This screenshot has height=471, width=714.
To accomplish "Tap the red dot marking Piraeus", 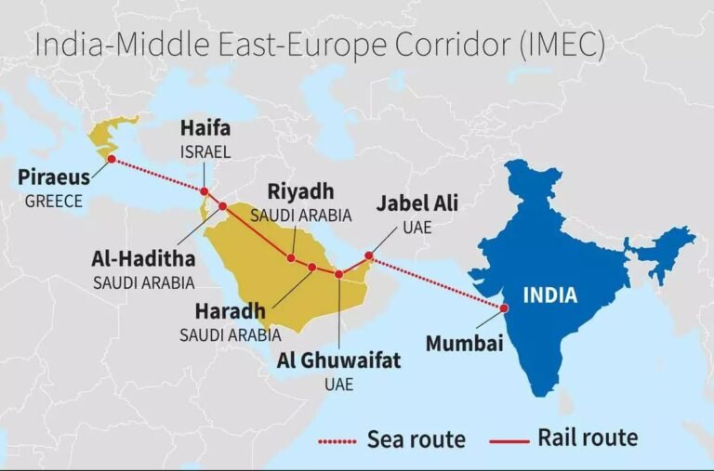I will point(112,160).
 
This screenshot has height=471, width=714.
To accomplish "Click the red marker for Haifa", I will point(205,192).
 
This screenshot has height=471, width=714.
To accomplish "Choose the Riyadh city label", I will point(299,192).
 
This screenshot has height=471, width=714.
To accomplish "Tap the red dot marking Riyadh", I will point(291,258).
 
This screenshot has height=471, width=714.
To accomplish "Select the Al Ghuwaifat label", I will point(338,360).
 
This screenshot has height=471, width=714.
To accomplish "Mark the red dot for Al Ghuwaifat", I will point(339,275).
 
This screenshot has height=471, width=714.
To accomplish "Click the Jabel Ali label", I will point(416,203).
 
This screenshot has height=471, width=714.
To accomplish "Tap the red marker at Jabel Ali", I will point(368,255).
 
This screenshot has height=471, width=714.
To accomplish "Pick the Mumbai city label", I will point(464,344).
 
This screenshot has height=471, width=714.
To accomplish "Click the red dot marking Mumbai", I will point(504,308).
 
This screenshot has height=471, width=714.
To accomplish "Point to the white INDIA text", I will point(549,296).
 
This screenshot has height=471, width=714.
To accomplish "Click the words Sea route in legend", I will point(416,438).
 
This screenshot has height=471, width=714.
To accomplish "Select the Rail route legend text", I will point(588,437).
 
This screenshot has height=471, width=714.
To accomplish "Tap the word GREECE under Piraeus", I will point(54,201).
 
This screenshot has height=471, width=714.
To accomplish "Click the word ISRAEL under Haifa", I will point(205,152).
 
